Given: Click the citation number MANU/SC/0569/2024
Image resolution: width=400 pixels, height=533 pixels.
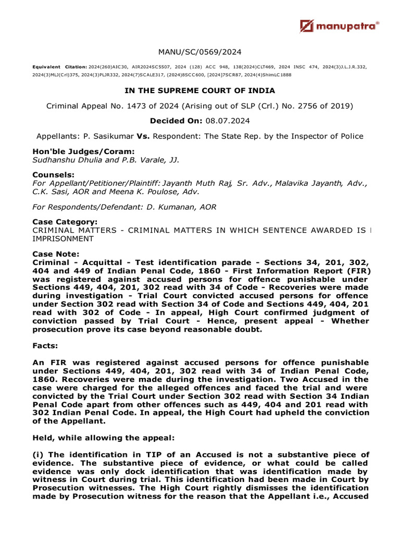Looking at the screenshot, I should (200, 52).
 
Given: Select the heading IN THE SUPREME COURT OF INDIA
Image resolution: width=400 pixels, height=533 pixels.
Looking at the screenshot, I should (200, 91).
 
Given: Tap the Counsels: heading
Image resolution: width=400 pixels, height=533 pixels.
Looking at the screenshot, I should (53, 175).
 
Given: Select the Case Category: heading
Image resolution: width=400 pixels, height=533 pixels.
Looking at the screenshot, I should (65, 222).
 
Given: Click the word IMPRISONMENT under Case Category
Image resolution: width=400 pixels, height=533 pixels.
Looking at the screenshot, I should (63, 238).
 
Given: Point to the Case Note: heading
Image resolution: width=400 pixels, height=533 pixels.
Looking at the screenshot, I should (56, 254).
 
